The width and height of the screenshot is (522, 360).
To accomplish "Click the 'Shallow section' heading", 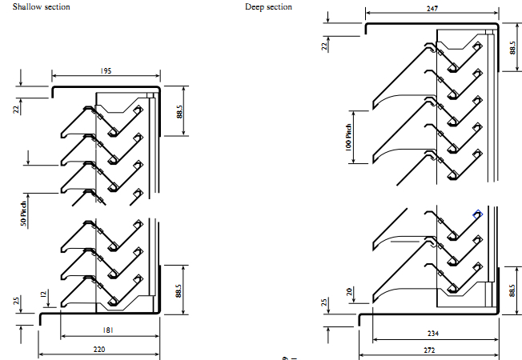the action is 42,6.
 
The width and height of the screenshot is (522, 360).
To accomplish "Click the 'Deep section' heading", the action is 268,6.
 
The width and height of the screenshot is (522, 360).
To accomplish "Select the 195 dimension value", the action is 106,71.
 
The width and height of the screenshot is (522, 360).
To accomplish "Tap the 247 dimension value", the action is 432,8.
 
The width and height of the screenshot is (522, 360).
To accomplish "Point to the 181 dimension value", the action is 108,330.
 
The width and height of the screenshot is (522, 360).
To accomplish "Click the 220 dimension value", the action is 99,350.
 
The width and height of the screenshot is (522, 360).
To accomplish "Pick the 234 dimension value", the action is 433,333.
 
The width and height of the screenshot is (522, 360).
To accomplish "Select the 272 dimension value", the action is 429,350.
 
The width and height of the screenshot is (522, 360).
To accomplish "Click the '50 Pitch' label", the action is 23,214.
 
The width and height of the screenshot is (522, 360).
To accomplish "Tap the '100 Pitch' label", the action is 348,138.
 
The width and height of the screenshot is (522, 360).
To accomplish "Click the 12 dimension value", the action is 43,294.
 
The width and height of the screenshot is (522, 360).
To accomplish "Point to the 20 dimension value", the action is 349,292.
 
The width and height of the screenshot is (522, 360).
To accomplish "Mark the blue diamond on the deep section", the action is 478,214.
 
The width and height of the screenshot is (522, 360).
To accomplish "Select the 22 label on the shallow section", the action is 16,109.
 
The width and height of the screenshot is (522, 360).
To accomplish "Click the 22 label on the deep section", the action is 324,46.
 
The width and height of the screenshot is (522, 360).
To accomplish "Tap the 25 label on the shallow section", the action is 16,301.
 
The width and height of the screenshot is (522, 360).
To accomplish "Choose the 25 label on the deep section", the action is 324,302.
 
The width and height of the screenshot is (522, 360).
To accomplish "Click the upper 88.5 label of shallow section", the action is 179,112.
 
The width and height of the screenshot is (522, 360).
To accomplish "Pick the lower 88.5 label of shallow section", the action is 179,290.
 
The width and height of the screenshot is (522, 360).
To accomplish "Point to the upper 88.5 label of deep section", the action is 512,47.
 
